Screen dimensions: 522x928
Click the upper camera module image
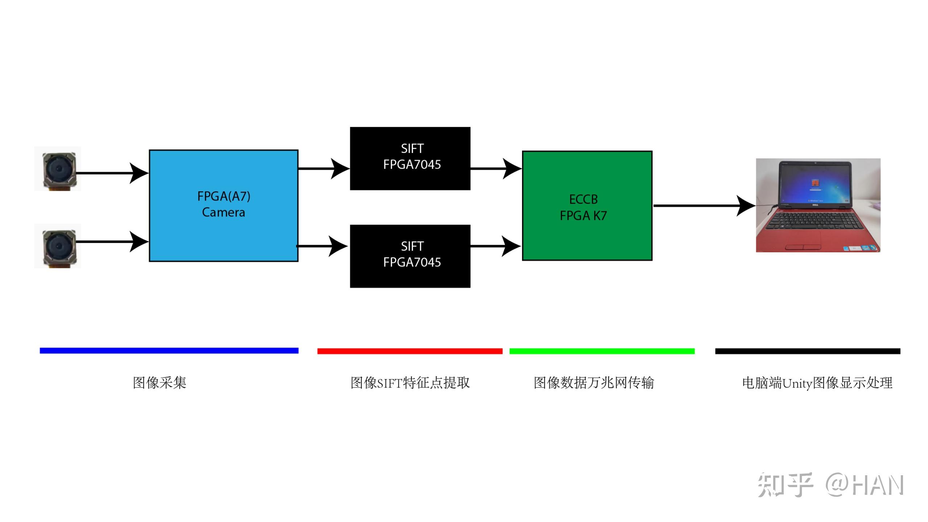click(58, 169)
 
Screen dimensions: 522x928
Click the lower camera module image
click(58, 246)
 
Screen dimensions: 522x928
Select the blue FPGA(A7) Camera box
click(224, 205)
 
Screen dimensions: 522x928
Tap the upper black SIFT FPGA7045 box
click(410, 158)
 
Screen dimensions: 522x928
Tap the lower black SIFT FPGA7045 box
click(410, 256)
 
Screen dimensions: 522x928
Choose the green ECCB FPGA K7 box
click(587, 206)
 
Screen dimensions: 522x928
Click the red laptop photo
click(818, 205)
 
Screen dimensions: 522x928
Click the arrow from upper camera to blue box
click(109, 173)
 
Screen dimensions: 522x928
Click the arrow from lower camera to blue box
click(109, 241)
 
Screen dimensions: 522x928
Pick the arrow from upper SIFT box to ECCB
click(495, 169)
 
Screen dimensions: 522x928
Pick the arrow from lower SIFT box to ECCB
click(495, 246)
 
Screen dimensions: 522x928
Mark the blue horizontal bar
click(169, 351)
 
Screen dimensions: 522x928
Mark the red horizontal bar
click(410, 351)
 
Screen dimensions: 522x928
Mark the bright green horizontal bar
click(602, 351)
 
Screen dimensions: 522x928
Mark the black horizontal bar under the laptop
click(808, 351)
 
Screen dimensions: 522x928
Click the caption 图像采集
click(159, 383)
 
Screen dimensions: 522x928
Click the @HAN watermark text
click(865, 485)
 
